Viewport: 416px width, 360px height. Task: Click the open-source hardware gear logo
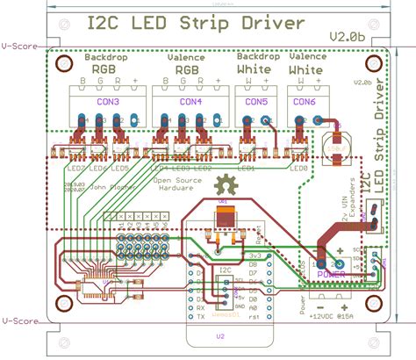pos(226,185)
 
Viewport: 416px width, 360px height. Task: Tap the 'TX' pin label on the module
pos(201,317)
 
